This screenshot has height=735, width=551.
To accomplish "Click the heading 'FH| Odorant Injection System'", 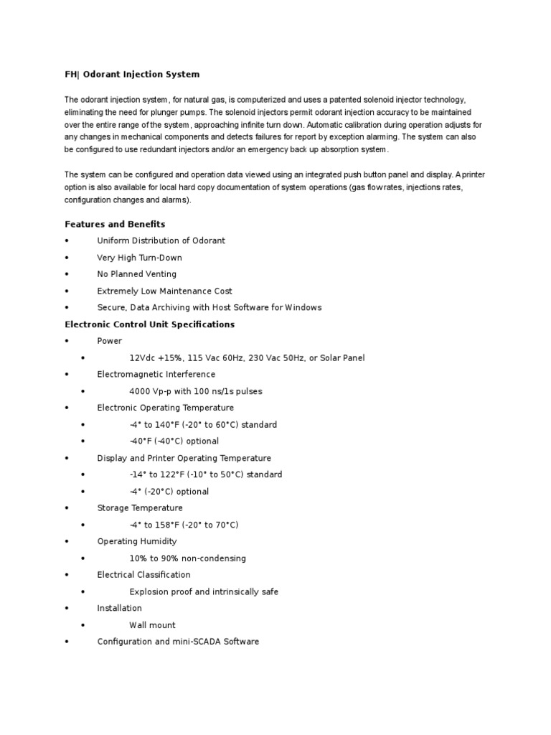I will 132,75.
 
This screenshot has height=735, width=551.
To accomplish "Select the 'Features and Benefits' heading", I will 115,224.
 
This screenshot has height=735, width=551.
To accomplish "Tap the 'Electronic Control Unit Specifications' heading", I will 149,324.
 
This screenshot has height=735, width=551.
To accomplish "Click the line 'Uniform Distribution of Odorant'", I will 161,241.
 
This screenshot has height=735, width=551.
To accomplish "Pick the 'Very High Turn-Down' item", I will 139,258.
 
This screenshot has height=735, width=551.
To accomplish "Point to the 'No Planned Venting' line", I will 136,274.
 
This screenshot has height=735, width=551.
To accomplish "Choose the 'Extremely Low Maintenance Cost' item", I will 164,291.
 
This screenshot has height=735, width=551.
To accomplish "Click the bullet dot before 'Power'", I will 66,342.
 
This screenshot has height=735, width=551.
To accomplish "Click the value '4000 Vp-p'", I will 154,391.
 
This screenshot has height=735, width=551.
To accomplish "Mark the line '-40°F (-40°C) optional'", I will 174,441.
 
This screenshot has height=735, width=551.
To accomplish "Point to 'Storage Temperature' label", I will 140,508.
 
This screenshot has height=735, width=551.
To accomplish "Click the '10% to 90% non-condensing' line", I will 187,558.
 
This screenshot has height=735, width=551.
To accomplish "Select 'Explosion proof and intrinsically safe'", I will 204,592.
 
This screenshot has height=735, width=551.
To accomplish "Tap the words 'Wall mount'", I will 152,625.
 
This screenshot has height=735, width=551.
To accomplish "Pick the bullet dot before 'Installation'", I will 66,609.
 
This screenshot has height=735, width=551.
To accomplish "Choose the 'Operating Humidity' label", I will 136,542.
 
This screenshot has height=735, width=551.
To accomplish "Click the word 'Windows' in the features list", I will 303,308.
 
